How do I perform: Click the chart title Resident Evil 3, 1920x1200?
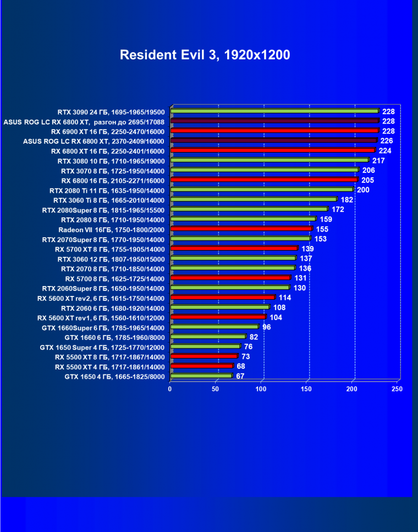tap(205, 55)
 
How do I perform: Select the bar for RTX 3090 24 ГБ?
tap(274, 111)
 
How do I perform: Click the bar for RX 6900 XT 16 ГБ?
tap(274, 131)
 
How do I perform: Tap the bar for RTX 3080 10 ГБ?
tap(269, 160)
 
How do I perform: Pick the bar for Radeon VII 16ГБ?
tap(241, 229)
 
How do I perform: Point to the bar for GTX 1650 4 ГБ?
tap(201, 376)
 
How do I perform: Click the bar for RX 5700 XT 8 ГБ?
tap(234, 249)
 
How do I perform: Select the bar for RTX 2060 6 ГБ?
tap(220, 307)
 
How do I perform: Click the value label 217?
tap(378, 161)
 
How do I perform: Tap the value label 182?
tap(346, 200)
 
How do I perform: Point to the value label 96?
tap(267, 327)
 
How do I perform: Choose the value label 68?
tap(241, 366)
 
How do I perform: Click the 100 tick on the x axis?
tap(261, 389)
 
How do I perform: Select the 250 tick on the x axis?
tap(397, 389)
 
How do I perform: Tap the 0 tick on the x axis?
tap(170, 389)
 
